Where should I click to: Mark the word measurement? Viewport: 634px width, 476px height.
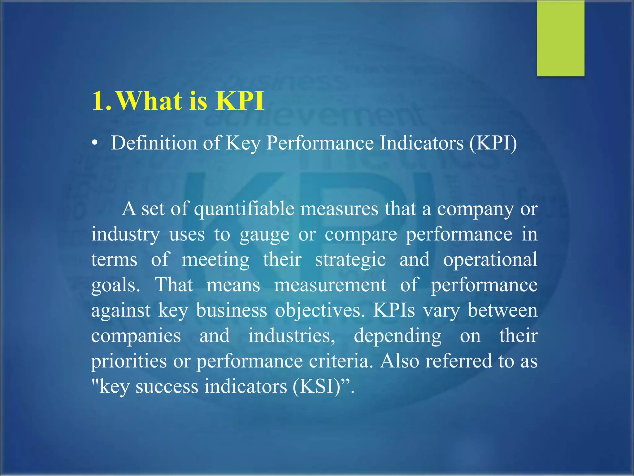[x=330, y=285]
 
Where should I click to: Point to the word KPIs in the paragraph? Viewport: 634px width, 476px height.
[x=394, y=310]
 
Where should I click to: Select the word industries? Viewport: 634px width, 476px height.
[x=292, y=336]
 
